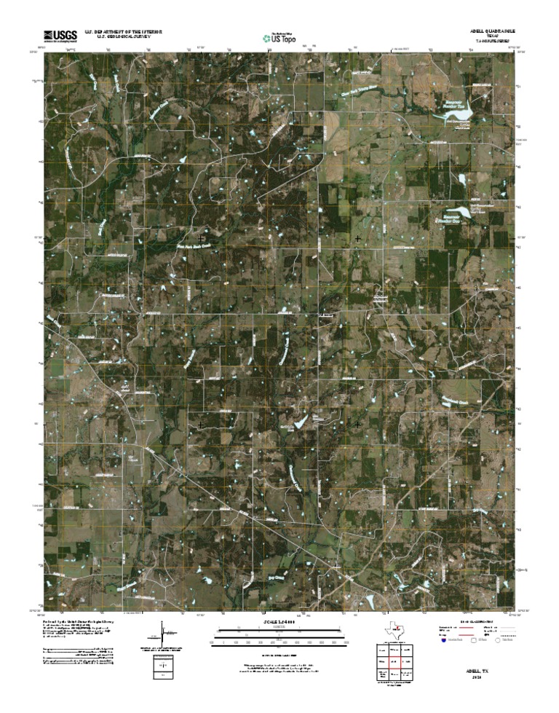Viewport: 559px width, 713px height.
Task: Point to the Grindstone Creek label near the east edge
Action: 459,400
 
